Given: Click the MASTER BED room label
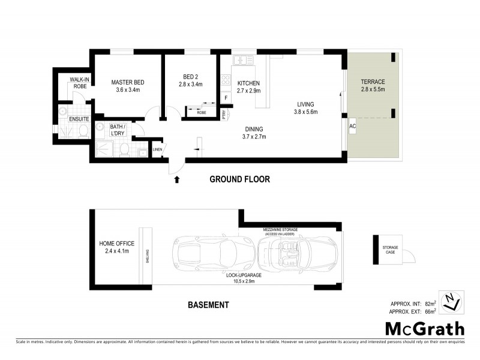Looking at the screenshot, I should (x=128, y=83).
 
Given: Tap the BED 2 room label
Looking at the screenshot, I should (x=191, y=77).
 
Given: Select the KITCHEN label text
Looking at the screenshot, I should (x=248, y=83).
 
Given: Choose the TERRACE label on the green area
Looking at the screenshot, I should (x=373, y=82).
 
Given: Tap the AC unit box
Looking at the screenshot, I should (x=352, y=127).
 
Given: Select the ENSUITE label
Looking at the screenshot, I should (x=79, y=119).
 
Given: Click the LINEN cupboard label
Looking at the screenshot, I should (x=158, y=150).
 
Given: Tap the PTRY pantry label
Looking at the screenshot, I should (x=223, y=113).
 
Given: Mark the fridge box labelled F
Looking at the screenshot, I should (x=226, y=97).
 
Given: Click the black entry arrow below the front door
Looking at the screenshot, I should (x=177, y=178).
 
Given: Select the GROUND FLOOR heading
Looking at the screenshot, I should (x=239, y=179).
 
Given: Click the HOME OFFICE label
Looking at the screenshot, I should (x=117, y=244).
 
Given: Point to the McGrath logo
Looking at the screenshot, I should (x=424, y=328).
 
